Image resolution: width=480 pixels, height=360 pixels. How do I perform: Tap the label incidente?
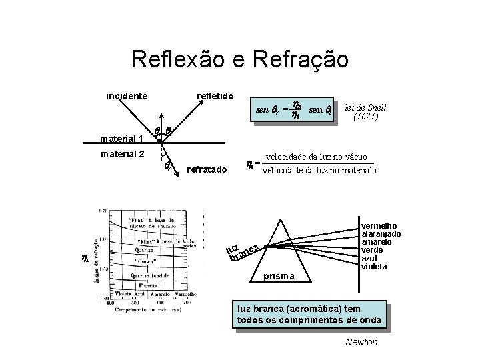(127, 96)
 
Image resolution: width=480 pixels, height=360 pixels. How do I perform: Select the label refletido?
(214, 96)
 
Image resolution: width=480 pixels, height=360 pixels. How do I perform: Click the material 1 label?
(121, 139)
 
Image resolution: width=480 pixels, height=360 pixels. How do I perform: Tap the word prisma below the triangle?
(279, 275)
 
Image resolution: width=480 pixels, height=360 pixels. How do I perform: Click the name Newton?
(361, 342)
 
